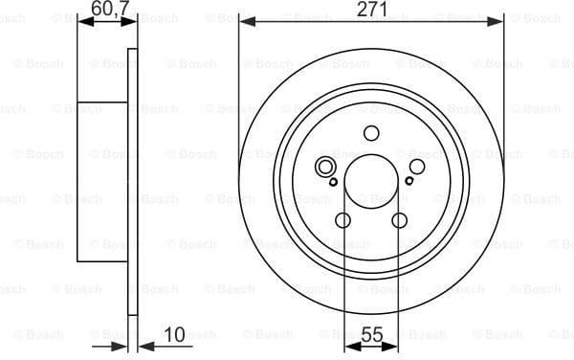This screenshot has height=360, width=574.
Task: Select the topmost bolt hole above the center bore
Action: [371, 135]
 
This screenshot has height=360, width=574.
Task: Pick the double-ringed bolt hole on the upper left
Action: [326, 166]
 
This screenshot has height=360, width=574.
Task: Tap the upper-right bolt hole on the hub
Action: [416, 166]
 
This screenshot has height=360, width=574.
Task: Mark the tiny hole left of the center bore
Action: [332, 180]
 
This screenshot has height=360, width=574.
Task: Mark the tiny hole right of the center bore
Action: [409, 180]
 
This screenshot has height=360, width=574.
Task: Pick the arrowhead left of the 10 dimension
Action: [121, 344]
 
